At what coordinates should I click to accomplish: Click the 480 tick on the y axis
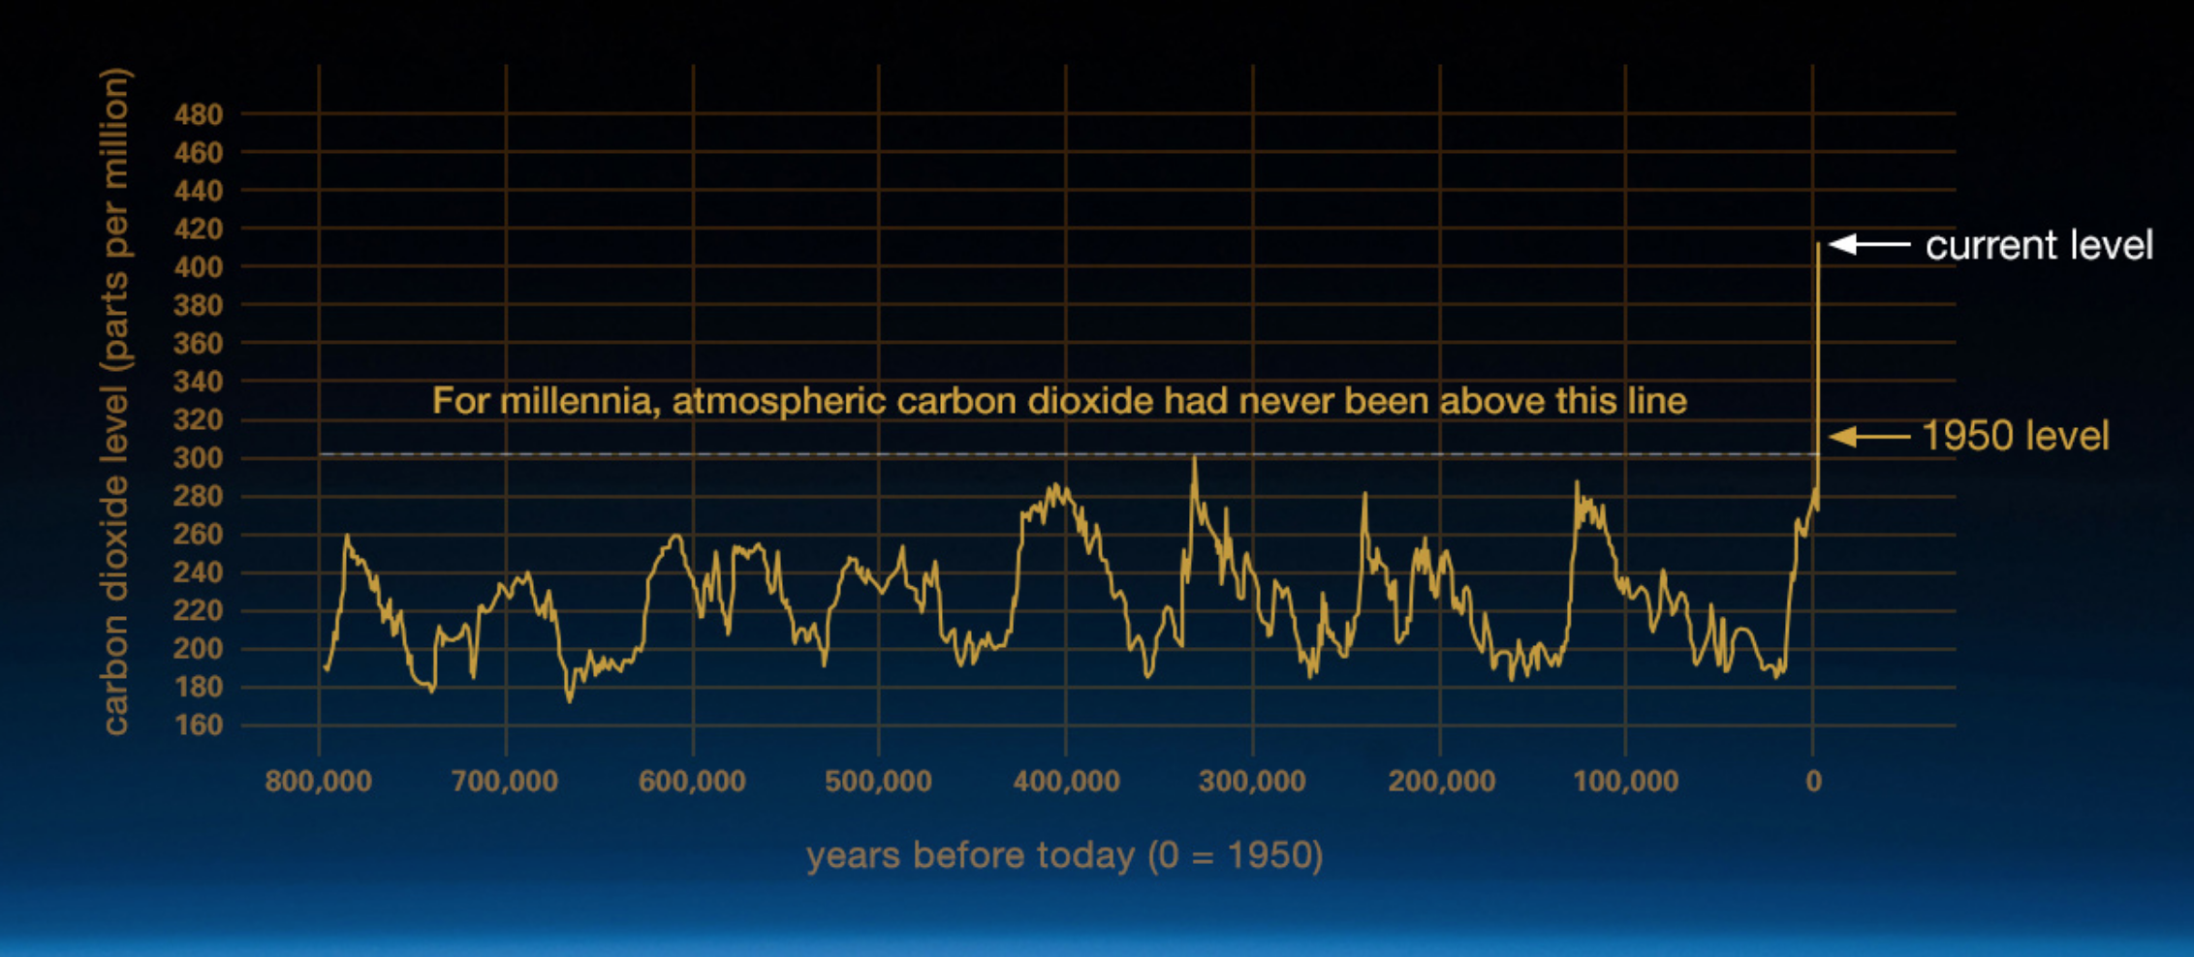tap(199, 114)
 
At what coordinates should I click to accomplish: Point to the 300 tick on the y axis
tap(199, 458)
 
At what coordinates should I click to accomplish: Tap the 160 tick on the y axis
tap(199, 725)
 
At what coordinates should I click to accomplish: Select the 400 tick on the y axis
tap(199, 266)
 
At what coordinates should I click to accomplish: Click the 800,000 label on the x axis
tap(318, 782)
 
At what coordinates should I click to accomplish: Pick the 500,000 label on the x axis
tap(878, 782)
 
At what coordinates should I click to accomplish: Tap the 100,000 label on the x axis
tap(1625, 782)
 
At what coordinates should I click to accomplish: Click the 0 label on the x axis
tap(1813, 782)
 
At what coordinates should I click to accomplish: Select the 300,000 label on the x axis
tap(1252, 782)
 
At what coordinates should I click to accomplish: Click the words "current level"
tap(2039, 246)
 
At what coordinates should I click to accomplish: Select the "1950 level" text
tap(2015, 437)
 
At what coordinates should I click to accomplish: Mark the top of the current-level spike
tap(1818, 245)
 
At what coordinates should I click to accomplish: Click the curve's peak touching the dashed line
tap(1194, 458)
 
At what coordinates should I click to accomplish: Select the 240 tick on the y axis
tap(199, 572)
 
